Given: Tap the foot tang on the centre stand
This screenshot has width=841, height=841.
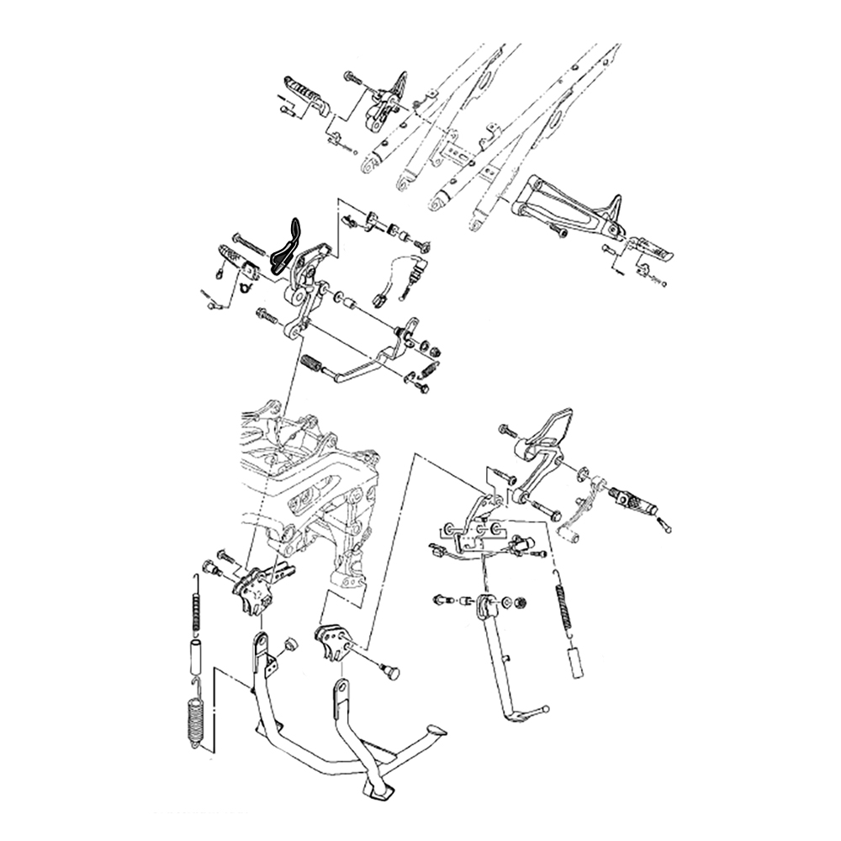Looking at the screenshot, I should point(435,730).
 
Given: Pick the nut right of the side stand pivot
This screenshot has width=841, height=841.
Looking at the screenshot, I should point(520,602).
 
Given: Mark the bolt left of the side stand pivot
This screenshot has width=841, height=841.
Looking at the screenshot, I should point(441,599).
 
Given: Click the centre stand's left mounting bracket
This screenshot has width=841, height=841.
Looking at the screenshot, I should point(252,589).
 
